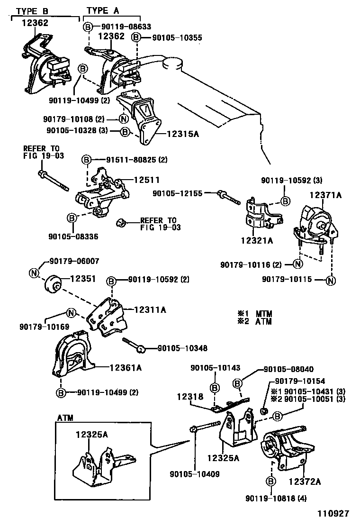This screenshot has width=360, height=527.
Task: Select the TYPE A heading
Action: point(103,10)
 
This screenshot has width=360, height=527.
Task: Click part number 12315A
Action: point(183,135)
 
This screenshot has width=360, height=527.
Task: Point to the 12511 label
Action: point(146,180)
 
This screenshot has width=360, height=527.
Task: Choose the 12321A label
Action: point(258,240)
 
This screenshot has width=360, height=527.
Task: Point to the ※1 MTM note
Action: point(255,313)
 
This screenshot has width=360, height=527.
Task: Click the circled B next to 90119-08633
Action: point(88,27)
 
